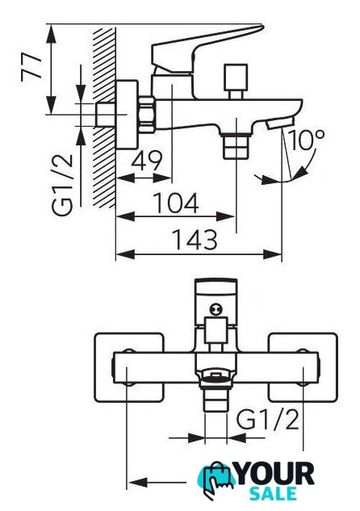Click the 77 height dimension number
coord(32,67)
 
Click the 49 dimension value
coord(147,161)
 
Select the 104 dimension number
coord(176,203)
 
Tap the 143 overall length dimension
coord(195,240)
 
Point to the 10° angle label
coord(306,140)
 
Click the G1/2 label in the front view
coord(267,420)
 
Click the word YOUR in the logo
coord(275,474)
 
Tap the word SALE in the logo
coord(273,494)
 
